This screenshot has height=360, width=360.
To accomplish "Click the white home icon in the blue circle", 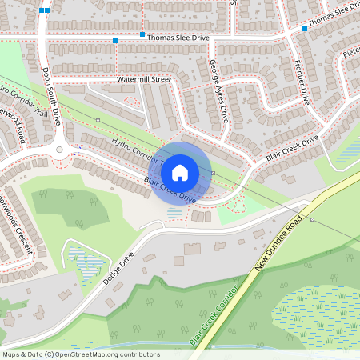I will pyautogui.click(x=180, y=172).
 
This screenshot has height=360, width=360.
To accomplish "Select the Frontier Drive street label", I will pyautogui.click(x=302, y=83).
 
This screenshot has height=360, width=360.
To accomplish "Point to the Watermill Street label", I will pyautogui.click(x=144, y=80).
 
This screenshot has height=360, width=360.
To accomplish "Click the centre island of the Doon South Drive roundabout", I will pyautogui.click(x=59, y=150).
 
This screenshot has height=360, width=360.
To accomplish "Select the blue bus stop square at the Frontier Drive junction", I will pyautogui.click(x=305, y=29).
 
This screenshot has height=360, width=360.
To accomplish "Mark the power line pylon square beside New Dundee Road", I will pyautogui.click(x=312, y=219).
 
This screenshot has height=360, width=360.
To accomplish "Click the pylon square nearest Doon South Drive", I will pyautogui.click(x=98, y=120).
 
